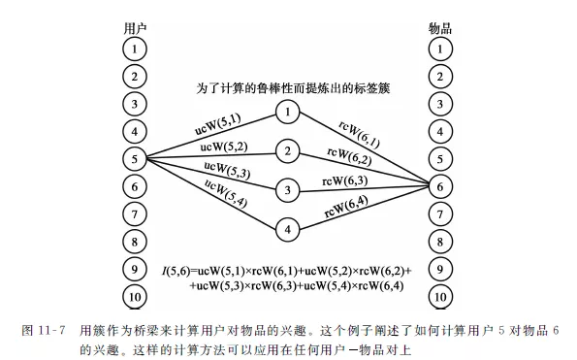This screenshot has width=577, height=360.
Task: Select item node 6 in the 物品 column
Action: pyautogui.click(x=441, y=185)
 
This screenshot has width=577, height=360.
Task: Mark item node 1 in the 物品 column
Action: pyautogui.click(x=441, y=47)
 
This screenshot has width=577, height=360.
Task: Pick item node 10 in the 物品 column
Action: pyautogui.click(x=441, y=297)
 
